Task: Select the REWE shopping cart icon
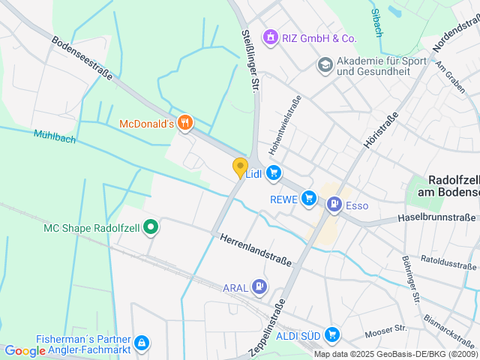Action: [x=309, y=199]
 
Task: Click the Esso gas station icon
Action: [x=334, y=204]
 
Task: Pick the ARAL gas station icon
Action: [x=259, y=286]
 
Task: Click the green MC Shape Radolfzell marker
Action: [x=150, y=226]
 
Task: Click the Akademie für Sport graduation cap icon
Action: [x=325, y=65]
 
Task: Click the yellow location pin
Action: [x=240, y=167]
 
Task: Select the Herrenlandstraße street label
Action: [x=255, y=250]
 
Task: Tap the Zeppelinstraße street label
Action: [x=267, y=328]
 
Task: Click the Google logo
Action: [x=25, y=350]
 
